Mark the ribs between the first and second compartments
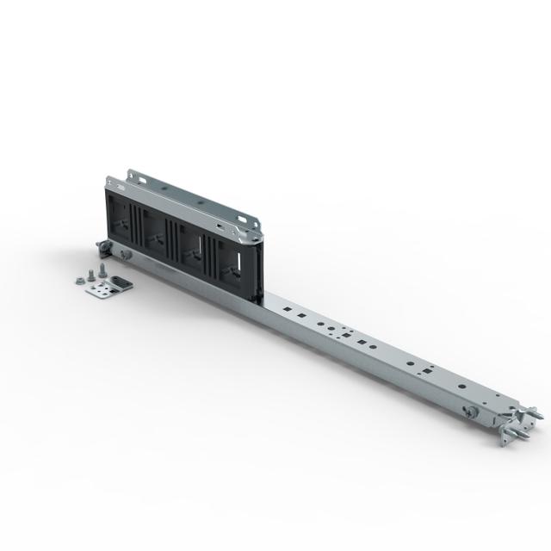140,230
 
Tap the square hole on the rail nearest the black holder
285,306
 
